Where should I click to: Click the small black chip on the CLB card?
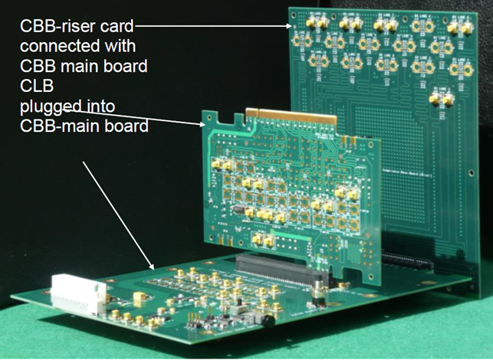[239, 209]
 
